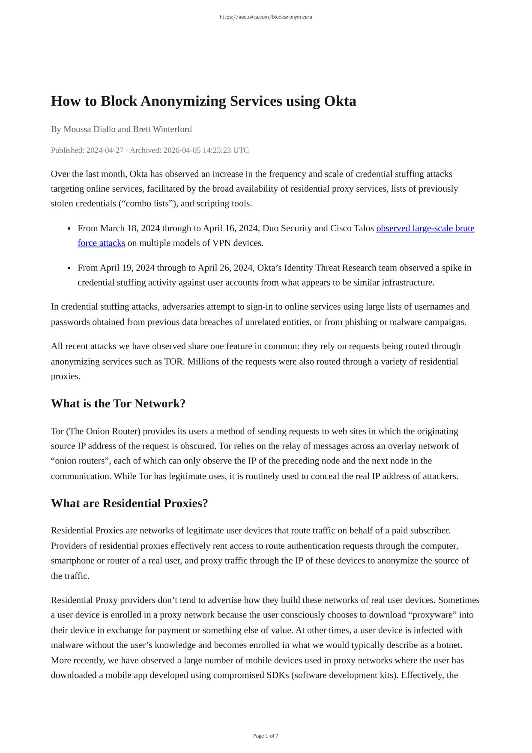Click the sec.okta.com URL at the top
[266, 17]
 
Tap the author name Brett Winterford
[162, 129]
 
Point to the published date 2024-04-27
[105, 150]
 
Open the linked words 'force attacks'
[101, 243]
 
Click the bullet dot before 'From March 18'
[69, 229]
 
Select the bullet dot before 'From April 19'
[69, 268]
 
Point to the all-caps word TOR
[174, 361]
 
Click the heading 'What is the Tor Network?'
[118, 404]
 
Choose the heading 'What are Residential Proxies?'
[129, 503]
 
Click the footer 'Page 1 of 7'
[266, 736]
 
